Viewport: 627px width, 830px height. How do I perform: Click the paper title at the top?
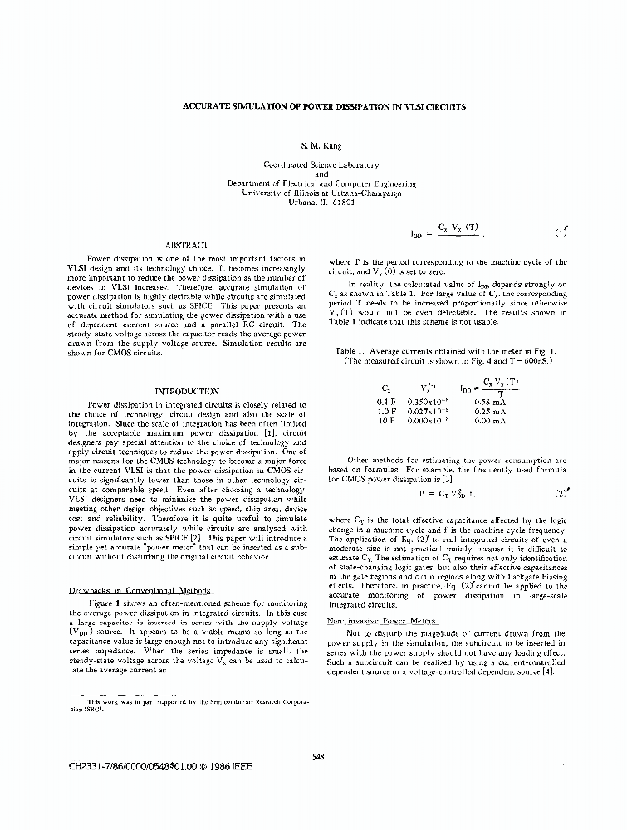pos(324,107)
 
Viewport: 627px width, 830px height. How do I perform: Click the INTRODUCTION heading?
pos(187,391)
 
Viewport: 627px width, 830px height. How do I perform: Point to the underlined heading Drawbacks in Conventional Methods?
pos(138,591)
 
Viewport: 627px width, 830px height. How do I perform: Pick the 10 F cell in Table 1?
pos(386,421)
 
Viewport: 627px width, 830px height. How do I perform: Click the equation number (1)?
pos(560,232)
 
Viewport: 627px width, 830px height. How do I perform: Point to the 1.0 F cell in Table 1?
pos(386,411)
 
